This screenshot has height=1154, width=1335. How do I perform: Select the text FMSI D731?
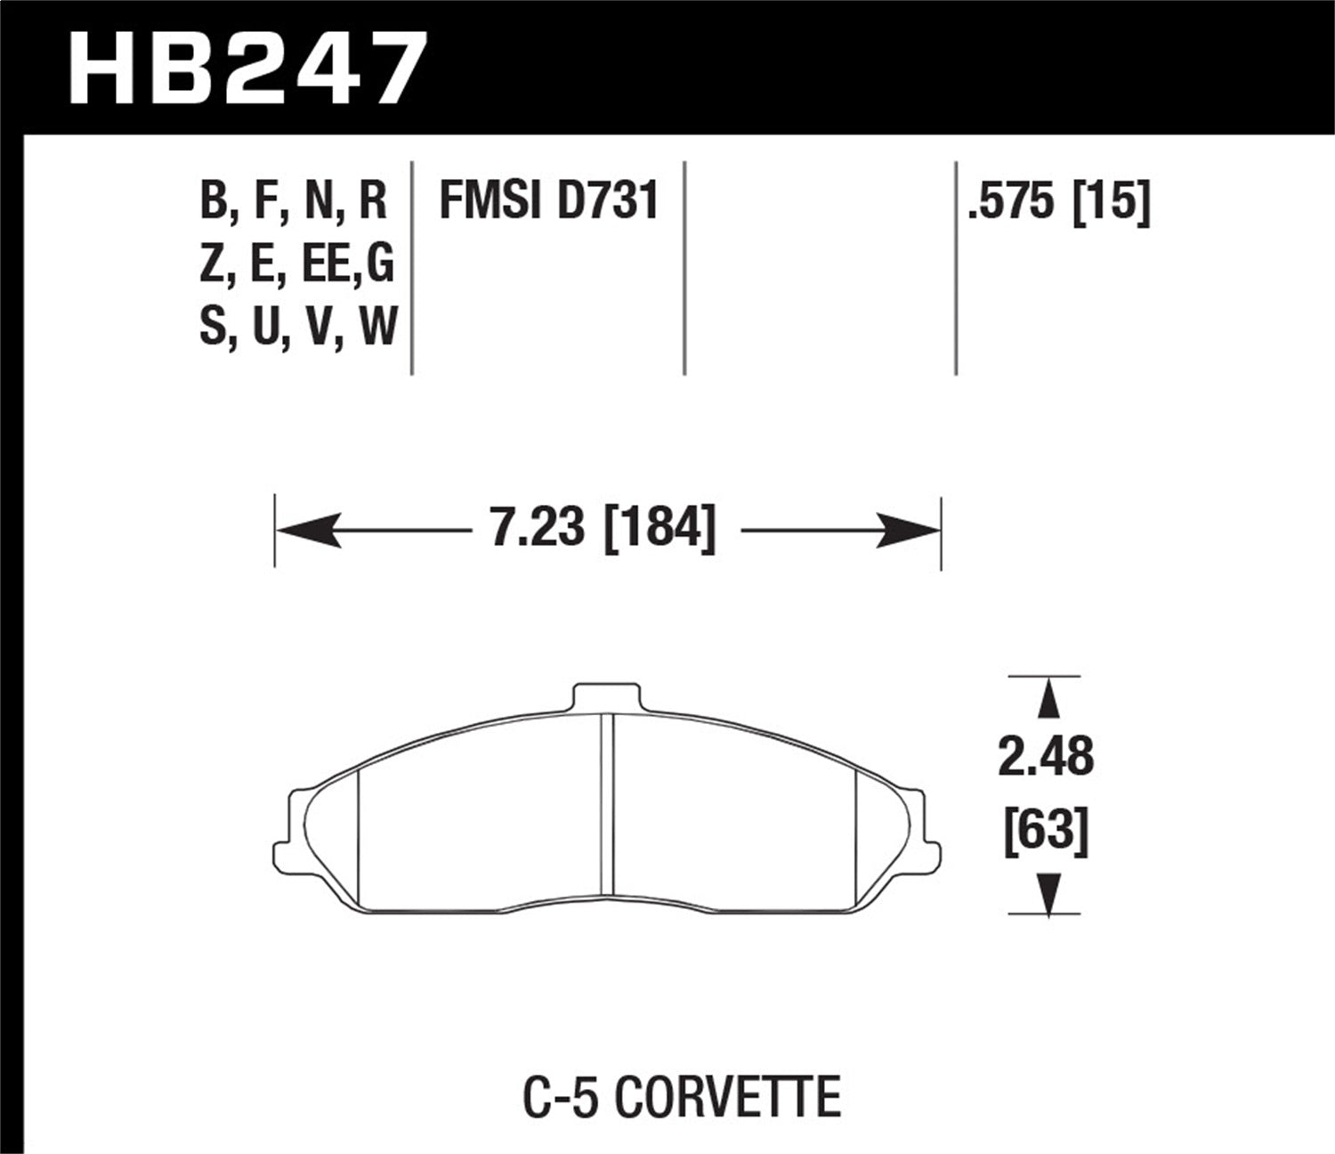coord(548,201)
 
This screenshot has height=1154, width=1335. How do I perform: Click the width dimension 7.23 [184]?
coord(603,530)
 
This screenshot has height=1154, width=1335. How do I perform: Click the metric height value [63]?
coord(1046,833)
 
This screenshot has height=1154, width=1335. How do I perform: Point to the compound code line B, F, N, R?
coord(294,201)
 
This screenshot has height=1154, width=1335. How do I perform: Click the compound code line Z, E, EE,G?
coord(296,264)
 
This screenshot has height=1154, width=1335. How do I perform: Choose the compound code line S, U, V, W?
coord(297,327)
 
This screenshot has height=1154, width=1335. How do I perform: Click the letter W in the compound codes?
coord(377,327)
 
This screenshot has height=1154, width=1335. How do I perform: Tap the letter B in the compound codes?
coord(214,201)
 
